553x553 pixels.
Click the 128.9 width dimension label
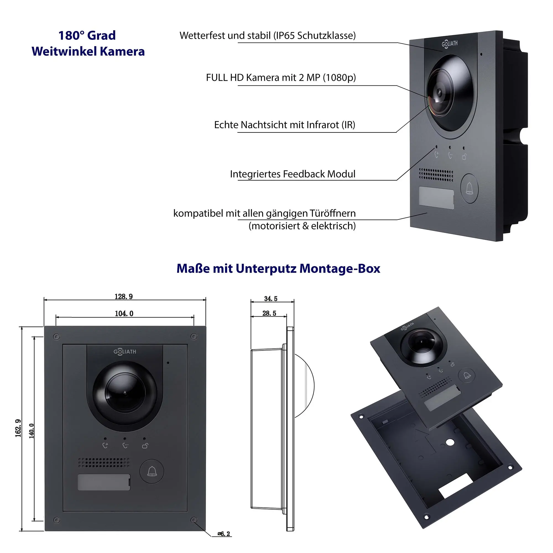click(124, 296)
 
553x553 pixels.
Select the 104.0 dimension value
click(124, 314)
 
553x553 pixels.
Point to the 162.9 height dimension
click(18, 428)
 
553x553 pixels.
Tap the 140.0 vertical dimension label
click(32, 431)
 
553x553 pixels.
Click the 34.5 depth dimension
click(270, 299)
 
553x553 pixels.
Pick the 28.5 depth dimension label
click(269, 313)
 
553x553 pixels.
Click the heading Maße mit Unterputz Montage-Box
click(278, 268)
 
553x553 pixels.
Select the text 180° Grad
click(87, 35)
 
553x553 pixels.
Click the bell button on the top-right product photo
click(469, 188)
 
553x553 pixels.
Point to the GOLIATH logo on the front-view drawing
click(125, 351)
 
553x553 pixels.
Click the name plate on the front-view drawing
click(104, 482)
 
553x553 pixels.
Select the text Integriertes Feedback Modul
click(293, 174)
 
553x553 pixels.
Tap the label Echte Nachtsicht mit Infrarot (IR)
click(285, 125)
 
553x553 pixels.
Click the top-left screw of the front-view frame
click(57, 337)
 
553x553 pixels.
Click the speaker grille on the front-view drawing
click(104, 462)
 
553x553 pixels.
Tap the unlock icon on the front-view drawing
click(145, 446)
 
